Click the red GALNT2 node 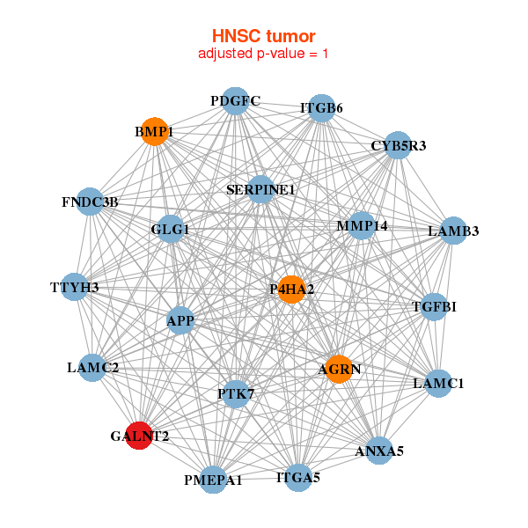tap(139, 435)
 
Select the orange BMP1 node tap(155, 131)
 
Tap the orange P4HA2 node tap(291, 289)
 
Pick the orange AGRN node tap(339, 369)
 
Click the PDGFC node tap(234, 101)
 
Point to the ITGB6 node tap(322, 108)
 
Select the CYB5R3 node tap(398, 145)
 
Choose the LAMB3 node tap(453, 231)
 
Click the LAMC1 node tap(438, 384)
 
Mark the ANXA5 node tap(378, 451)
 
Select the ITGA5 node tap(298, 478)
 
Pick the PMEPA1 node tap(213, 480)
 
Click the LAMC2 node tap(93, 367)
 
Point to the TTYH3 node tap(75, 288)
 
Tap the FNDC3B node tap(90, 202)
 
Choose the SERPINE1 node tap(260, 189)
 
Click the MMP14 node tap(362, 226)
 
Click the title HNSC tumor tap(263, 36)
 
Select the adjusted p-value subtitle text tap(263, 54)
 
